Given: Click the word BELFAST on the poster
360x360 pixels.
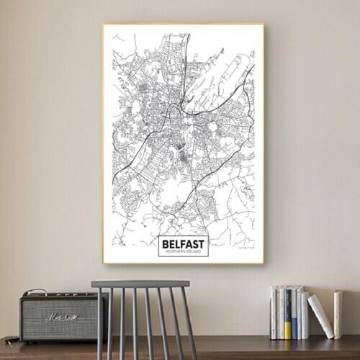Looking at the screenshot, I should coord(183,243).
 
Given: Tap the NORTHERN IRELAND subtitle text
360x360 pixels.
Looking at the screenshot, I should coord(183,251).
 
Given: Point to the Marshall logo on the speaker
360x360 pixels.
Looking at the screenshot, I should coord(61,317).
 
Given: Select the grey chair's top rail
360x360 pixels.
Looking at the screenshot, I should coord(140,284).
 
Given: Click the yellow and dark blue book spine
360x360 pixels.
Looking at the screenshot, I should coord(288,314).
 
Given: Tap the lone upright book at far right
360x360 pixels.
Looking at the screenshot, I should coord(338,314).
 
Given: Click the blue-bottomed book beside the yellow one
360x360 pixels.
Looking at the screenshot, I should coord(294,314).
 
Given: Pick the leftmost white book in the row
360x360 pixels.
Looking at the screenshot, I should coord(273,312).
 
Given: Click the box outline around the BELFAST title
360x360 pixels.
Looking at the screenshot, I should coord(159,246).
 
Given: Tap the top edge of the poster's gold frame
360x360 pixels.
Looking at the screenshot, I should coord(183,24).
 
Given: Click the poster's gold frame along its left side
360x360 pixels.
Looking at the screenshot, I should coord(104,144).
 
